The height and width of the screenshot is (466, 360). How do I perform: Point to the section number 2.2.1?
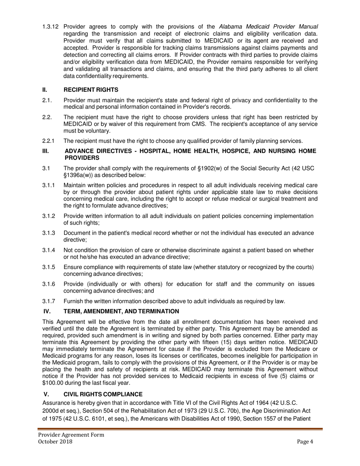pos(49,141)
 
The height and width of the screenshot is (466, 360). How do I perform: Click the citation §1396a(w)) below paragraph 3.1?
pos(83,175)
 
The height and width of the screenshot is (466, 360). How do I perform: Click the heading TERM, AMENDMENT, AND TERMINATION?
pos(121,311)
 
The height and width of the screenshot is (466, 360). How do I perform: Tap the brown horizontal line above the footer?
pos(180,429)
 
